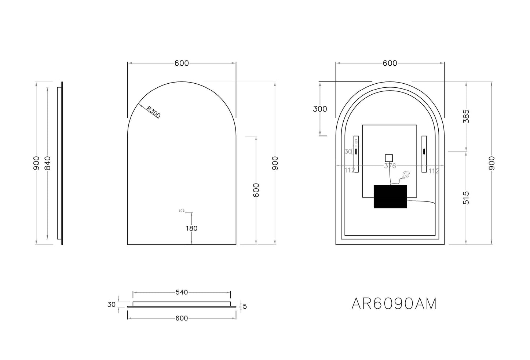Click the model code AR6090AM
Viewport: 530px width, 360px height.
point(394,303)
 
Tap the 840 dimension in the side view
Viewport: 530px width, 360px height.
point(47,163)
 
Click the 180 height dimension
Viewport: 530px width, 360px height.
point(191,228)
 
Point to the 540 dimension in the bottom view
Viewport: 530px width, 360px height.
point(182,292)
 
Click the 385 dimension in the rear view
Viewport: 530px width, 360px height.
point(466,116)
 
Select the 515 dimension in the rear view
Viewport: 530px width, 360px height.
point(466,198)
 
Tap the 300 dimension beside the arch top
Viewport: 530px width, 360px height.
point(320,109)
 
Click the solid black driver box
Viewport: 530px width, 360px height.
point(390,196)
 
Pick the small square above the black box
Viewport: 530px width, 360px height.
point(388,158)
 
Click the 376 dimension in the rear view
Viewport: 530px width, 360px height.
point(390,166)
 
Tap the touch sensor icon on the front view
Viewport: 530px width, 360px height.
point(182,211)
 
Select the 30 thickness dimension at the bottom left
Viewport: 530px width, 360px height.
point(112,304)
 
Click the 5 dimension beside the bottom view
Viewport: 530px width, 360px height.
point(245,306)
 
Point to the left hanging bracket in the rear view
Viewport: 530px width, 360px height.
point(355,154)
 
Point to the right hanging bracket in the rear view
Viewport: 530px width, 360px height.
point(424,154)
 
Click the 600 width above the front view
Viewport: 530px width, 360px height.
point(182,63)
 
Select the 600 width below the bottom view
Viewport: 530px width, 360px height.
point(182,318)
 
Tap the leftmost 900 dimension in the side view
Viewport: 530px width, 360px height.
point(36,163)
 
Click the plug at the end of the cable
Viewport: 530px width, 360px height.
point(406,176)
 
